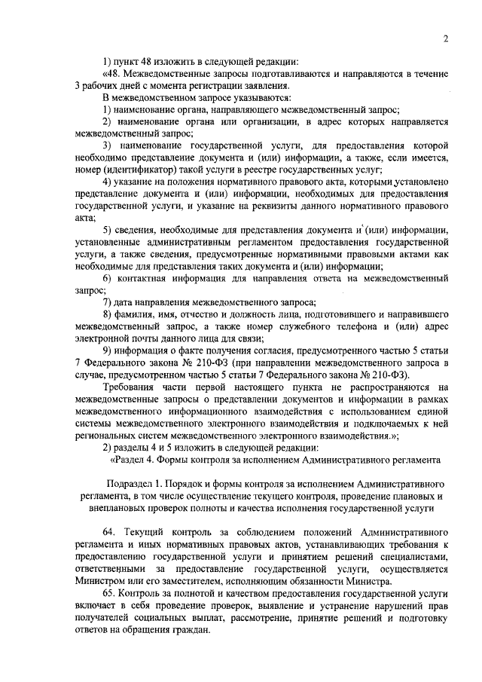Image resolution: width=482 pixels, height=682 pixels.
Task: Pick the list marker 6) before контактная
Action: click(x=108, y=278)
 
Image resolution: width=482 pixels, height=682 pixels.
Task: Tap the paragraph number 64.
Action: click(x=111, y=532)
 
